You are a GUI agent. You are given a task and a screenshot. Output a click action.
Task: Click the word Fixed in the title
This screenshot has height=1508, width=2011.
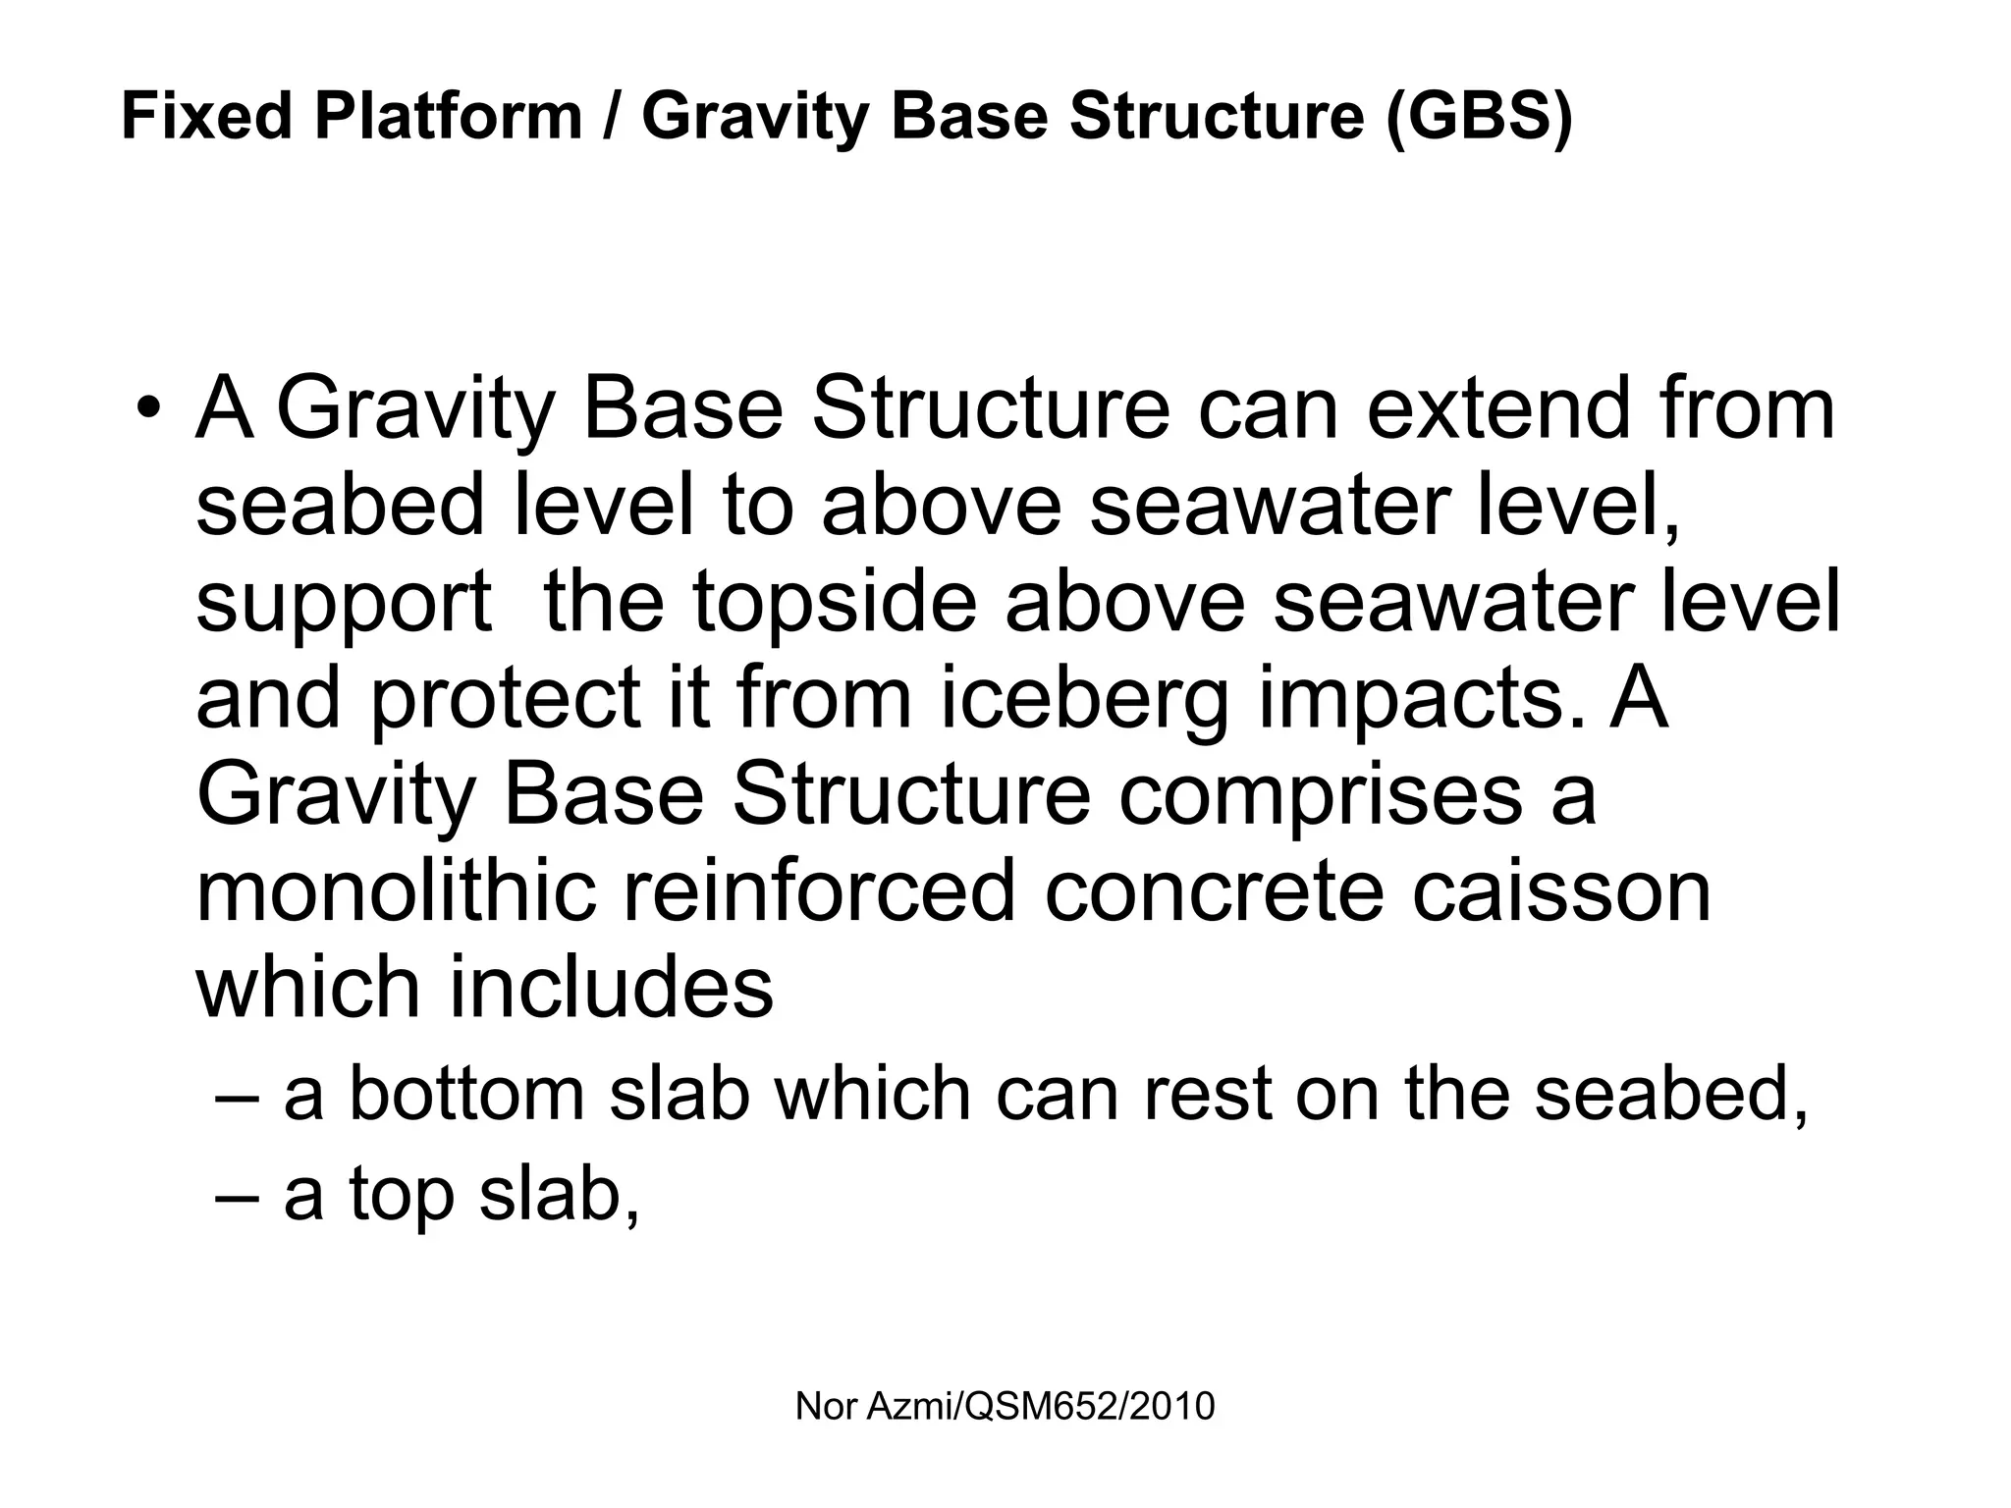pyautogui.click(x=206, y=116)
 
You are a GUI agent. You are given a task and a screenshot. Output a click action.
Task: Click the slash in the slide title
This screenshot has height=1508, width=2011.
pyautogui.click(x=612, y=116)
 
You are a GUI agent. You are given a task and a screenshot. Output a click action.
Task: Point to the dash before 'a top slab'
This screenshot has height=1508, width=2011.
pyautogui.click(x=236, y=1196)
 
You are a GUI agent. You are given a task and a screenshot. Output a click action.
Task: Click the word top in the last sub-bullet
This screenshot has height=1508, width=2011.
pyautogui.click(x=402, y=1196)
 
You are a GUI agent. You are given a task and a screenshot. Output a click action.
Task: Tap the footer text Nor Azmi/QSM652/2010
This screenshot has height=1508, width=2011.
pyautogui.click(x=1005, y=1407)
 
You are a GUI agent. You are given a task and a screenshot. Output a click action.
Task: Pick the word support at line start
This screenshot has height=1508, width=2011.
pyautogui.click(x=344, y=603)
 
